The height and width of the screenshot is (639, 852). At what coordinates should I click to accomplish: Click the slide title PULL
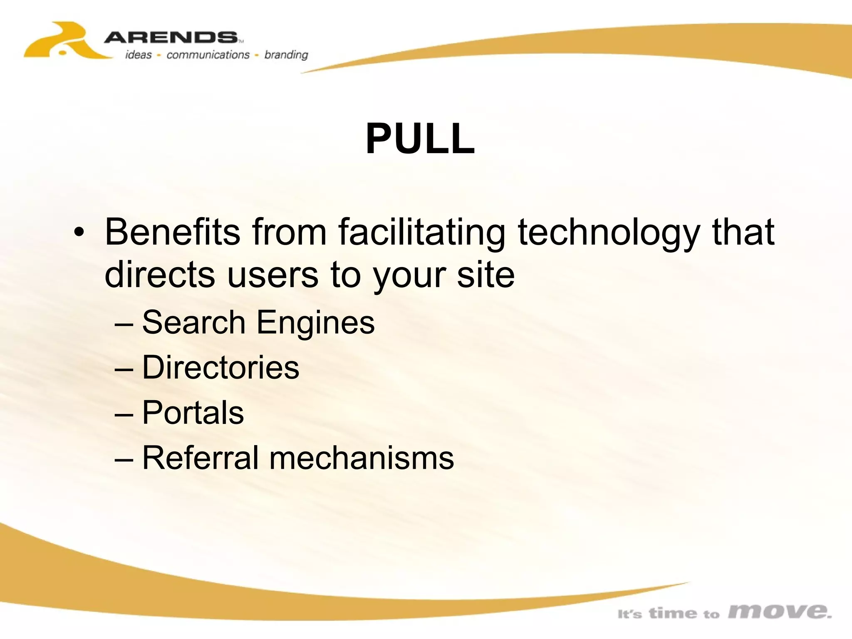(x=420, y=139)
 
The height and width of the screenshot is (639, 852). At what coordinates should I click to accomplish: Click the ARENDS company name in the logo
(x=171, y=38)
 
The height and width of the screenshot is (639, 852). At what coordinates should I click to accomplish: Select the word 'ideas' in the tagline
(x=139, y=55)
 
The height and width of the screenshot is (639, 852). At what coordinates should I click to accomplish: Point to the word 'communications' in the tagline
(x=208, y=55)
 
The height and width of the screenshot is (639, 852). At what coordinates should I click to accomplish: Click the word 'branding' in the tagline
(x=286, y=55)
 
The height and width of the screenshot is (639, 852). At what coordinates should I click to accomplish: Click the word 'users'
(x=273, y=275)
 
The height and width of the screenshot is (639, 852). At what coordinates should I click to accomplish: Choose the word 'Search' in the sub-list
(x=194, y=322)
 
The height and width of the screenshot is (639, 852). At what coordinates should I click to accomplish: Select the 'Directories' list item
(x=220, y=367)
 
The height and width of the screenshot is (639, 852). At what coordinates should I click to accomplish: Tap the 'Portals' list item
(x=193, y=412)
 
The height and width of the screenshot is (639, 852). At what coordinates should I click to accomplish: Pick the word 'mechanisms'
(x=362, y=458)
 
